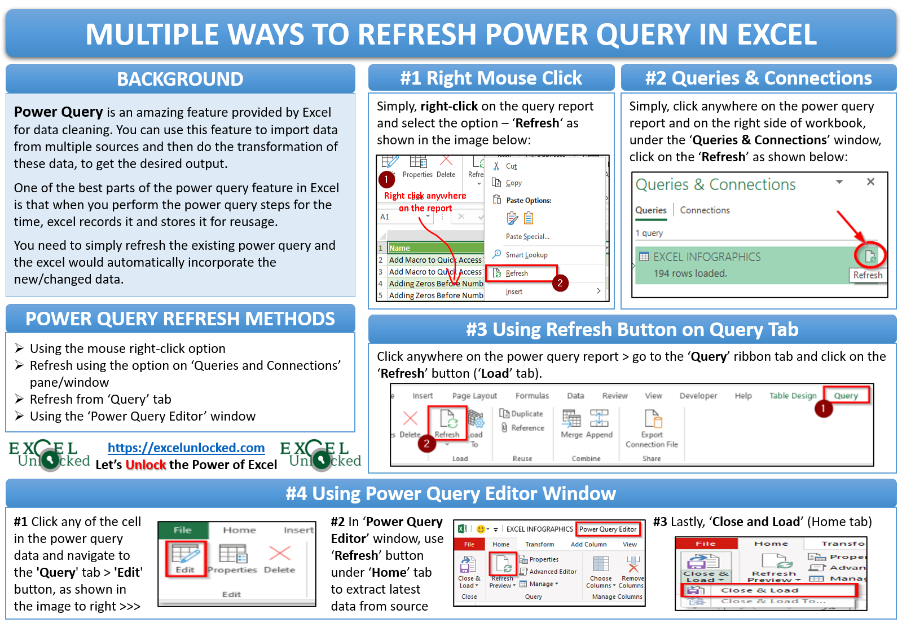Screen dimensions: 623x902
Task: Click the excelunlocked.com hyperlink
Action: [186, 448]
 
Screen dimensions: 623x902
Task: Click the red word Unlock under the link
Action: [146, 465]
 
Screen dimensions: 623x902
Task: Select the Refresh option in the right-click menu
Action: [516, 273]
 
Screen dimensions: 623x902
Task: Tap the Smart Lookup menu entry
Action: [526, 255]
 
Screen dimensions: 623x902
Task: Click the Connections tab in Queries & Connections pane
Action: [705, 210]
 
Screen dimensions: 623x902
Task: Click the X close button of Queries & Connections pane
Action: [870, 182]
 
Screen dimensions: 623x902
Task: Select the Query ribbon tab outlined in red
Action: [846, 396]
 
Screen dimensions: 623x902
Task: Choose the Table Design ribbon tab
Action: [793, 396]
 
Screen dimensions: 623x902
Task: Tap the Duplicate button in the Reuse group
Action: [522, 414]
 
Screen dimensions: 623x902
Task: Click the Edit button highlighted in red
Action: [186, 558]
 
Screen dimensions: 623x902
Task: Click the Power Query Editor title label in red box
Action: [608, 529]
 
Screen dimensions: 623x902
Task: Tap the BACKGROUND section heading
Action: [180, 79]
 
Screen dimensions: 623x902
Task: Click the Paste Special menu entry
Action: [527, 237]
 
